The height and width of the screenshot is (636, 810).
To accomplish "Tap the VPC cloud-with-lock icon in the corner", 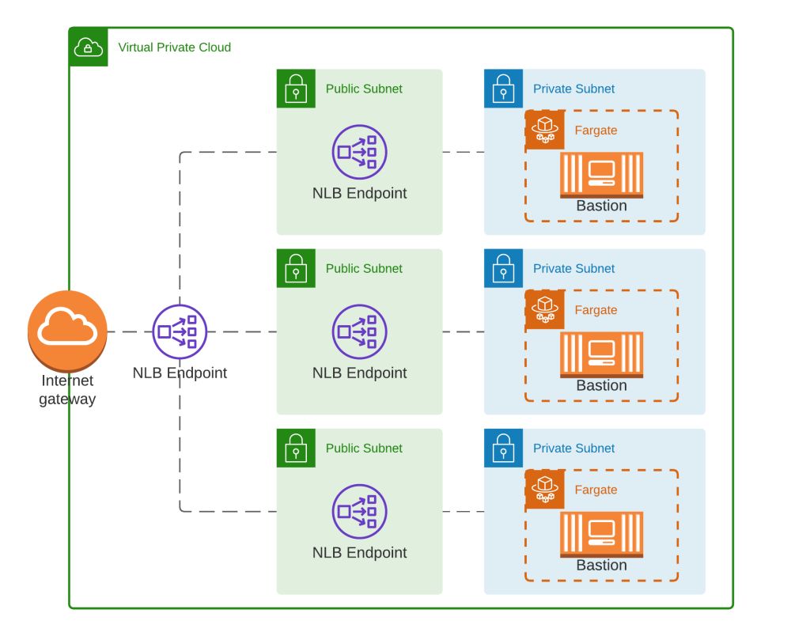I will (88, 47).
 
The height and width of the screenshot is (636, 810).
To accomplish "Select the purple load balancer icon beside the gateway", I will (180, 333).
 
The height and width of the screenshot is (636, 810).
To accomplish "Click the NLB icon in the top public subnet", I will (359, 152).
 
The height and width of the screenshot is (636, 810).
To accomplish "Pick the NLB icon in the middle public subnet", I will (359, 331).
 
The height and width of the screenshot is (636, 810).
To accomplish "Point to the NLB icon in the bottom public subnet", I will (359, 511).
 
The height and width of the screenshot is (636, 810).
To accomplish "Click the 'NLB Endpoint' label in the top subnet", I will (359, 193).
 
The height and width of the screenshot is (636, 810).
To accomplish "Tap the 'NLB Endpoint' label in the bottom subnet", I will (359, 552).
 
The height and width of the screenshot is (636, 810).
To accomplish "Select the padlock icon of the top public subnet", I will (296, 89).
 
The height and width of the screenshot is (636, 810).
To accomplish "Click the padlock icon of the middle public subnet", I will (296, 268).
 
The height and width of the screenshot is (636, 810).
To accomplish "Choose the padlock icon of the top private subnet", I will (503, 89).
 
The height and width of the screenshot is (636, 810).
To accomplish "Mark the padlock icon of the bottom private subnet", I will (503, 448).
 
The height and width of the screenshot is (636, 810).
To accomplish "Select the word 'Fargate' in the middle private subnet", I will (596, 310).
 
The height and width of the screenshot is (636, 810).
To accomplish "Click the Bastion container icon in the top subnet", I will (601, 174).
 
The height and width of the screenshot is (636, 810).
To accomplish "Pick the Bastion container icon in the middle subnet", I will (601, 354).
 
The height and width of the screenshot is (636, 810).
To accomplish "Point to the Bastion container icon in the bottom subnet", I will (601, 533).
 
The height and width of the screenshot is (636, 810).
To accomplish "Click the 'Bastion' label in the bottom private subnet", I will (601, 565).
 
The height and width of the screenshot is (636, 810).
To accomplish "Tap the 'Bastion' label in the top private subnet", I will (601, 206).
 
